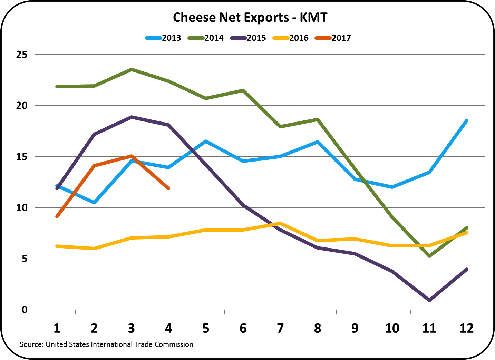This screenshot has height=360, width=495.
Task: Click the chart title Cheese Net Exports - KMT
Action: point(250,18)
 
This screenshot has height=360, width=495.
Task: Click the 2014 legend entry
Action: point(206,38)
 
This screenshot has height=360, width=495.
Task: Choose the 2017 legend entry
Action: point(333,38)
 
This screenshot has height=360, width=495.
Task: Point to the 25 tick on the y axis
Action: point(21,55)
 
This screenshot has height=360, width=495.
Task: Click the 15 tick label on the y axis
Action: point(21,157)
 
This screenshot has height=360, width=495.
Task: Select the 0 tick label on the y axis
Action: point(25,310)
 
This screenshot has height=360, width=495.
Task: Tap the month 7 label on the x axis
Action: point(280,328)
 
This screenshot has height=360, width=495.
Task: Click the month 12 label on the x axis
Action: point(466,328)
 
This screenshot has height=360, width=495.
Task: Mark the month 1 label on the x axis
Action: point(57,328)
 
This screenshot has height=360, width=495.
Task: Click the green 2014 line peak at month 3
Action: point(132,69)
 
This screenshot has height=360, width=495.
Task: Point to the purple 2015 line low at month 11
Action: point(429,300)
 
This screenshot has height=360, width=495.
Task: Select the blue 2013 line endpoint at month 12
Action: point(467,120)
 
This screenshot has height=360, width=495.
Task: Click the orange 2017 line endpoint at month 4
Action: point(168,188)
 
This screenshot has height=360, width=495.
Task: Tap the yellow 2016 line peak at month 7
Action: point(280,223)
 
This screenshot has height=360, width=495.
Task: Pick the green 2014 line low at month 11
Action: point(429,256)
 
